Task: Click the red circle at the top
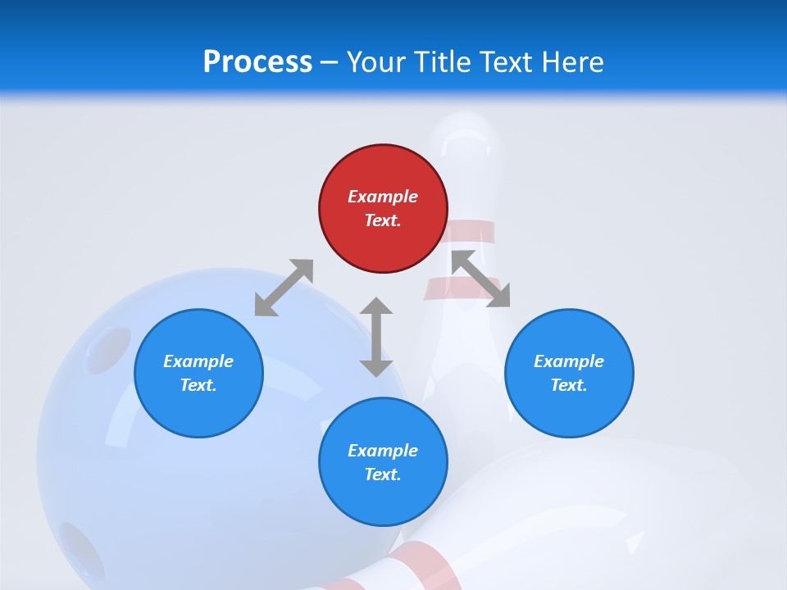383,208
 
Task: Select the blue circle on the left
198,373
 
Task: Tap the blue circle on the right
569,373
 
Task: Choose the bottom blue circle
383,462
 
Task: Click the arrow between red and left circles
284,288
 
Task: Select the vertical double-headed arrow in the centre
376,337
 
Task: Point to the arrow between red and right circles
481,279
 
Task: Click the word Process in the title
257,61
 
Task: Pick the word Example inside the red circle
383,197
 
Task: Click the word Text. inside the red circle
383,220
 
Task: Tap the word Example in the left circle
198,361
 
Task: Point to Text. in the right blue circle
569,385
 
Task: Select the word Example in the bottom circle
383,451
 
